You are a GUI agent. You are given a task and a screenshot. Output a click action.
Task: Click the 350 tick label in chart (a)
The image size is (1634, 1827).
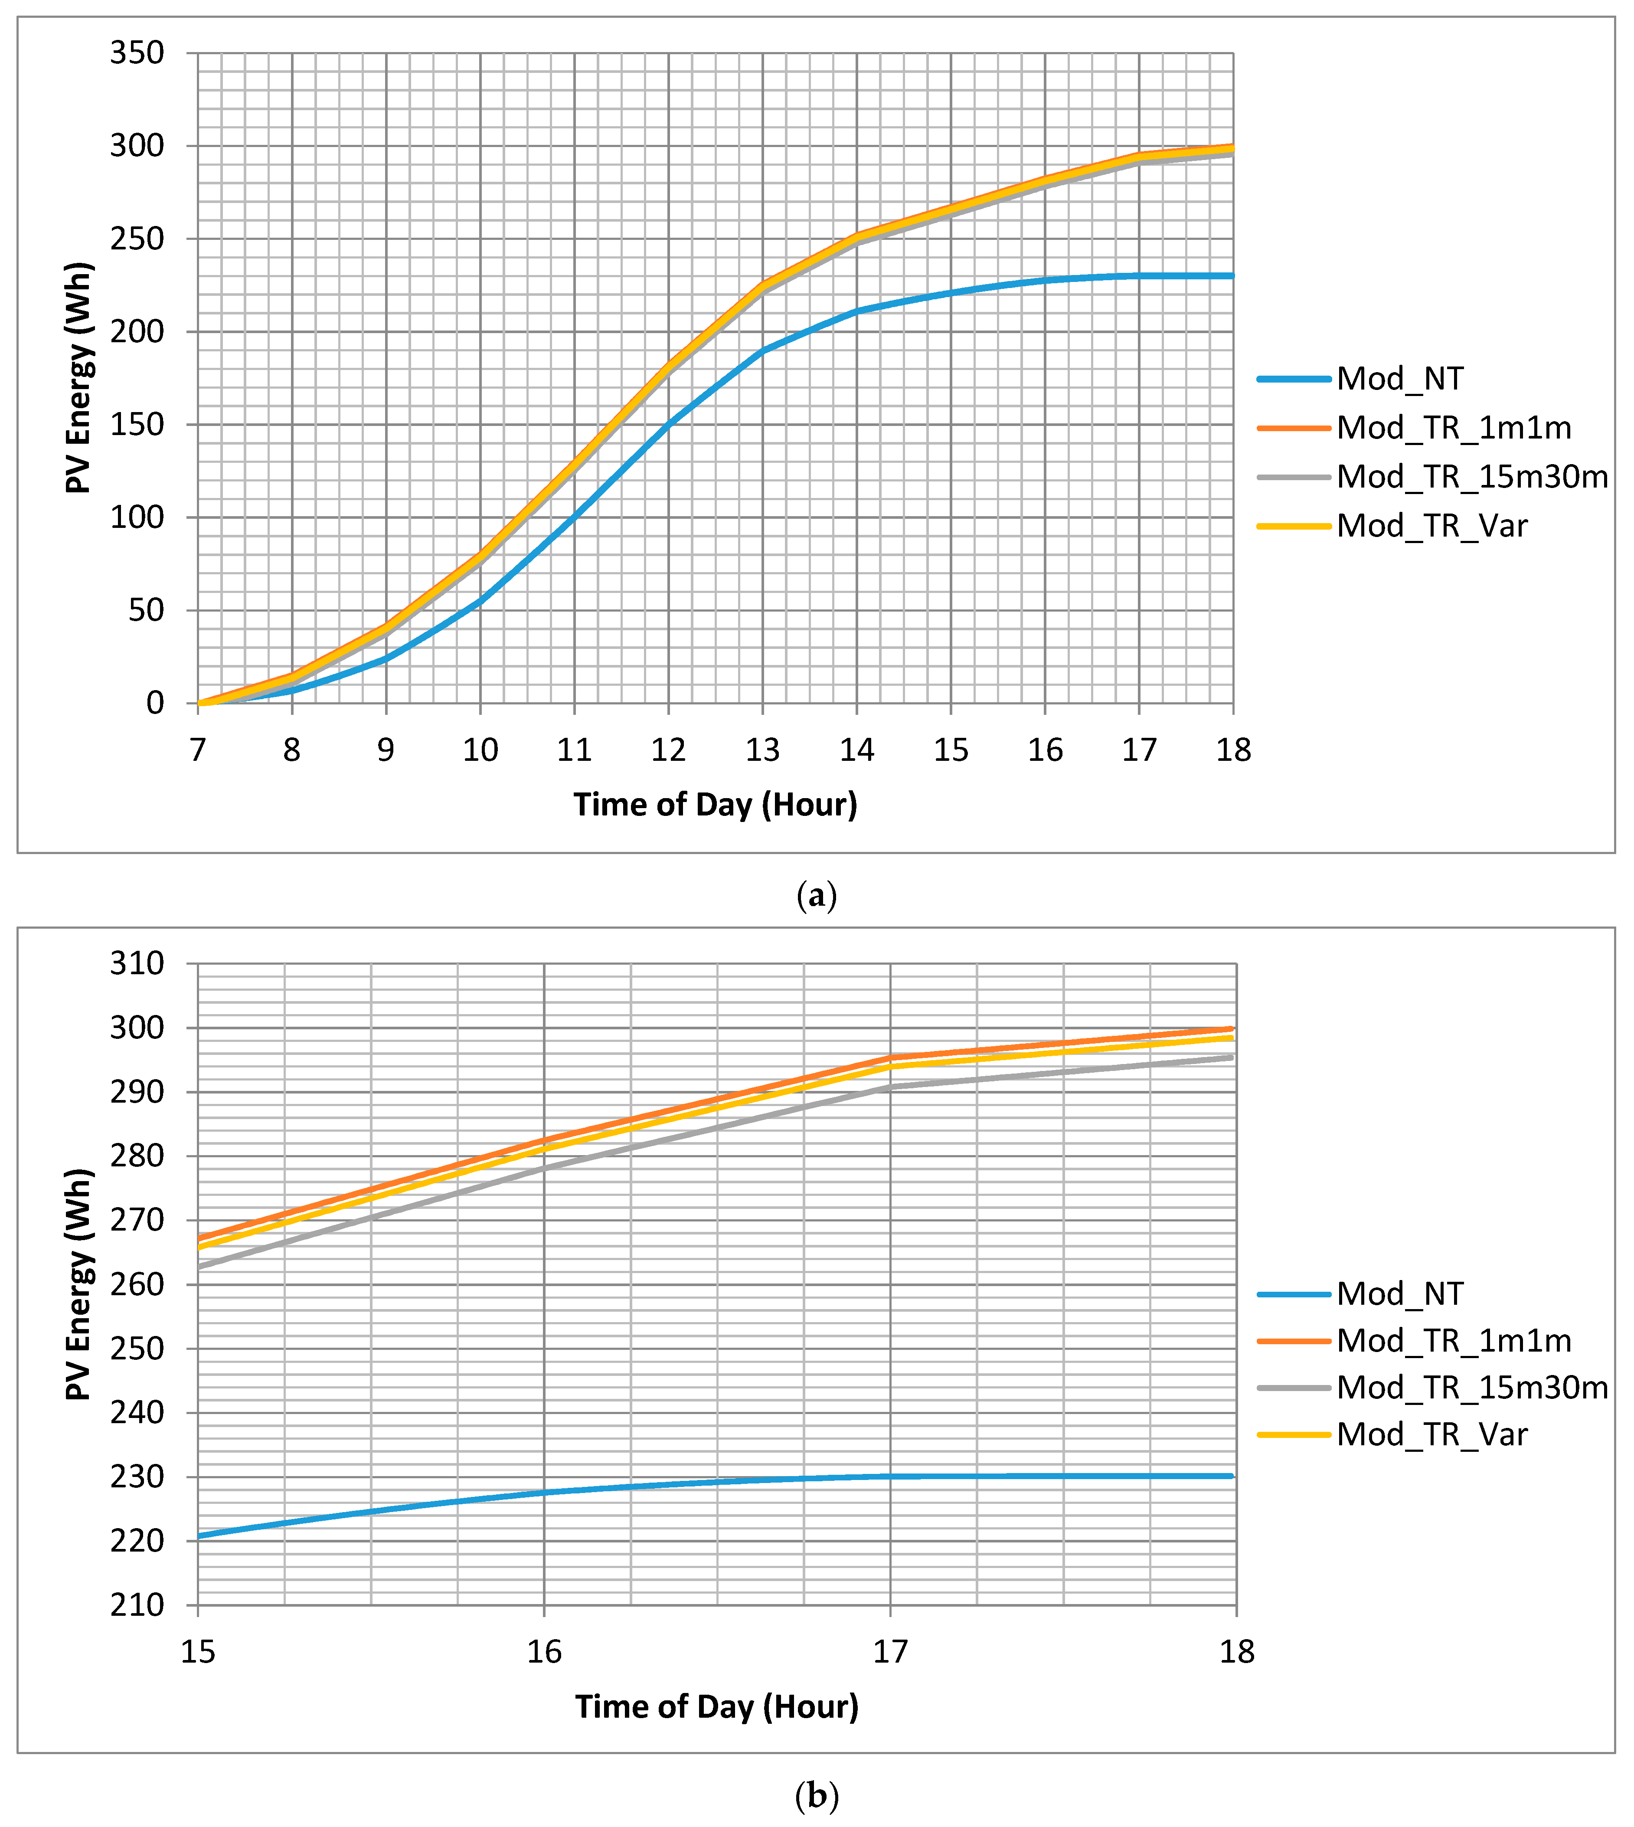click(x=137, y=53)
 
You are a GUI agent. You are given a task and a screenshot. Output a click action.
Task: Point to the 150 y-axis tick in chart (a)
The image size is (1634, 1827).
click(x=137, y=425)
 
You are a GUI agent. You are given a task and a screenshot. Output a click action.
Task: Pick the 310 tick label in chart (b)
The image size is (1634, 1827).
click(x=137, y=964)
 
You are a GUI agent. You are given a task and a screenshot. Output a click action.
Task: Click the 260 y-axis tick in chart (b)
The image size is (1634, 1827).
click(x=137, y=1285)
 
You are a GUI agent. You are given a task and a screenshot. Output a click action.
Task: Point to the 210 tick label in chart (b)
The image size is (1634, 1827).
click(x=137, y=1605)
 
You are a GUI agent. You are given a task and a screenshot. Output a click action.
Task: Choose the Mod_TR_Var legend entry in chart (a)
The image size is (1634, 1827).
click(x=1432, y=525)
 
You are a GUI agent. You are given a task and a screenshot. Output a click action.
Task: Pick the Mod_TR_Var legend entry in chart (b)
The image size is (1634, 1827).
click(x=1432, y=1435)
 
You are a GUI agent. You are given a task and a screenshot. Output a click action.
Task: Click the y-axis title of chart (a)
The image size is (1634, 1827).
click(x=79, y=378)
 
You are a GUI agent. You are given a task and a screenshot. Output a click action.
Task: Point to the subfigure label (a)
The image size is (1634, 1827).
click(x=816, y=896)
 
